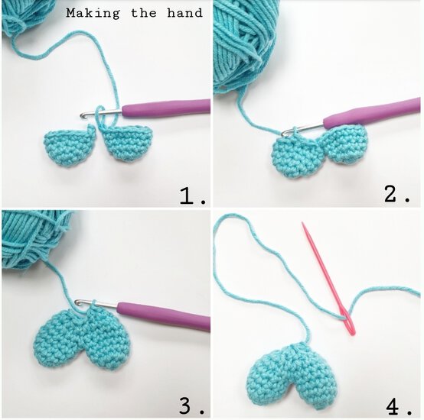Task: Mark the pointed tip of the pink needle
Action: click(x=303, y=225)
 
